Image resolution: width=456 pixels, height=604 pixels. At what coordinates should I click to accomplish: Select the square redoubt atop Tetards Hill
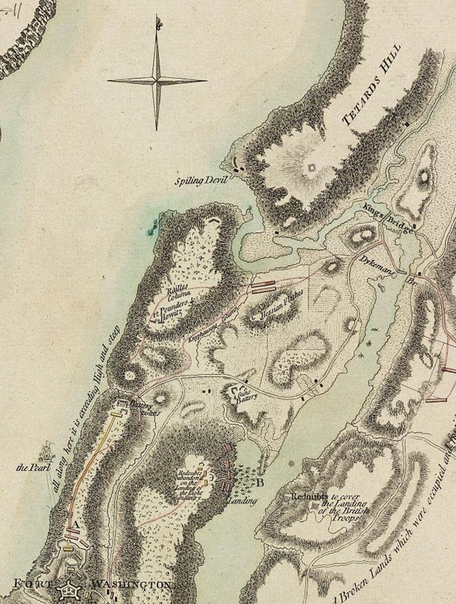coord(312,167)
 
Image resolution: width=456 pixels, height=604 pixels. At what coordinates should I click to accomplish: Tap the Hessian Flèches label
coord(278,306)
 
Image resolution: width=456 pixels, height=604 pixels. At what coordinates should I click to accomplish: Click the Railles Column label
coord(178,291)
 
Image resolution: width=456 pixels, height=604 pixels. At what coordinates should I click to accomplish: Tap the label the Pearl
coord(30,468)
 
